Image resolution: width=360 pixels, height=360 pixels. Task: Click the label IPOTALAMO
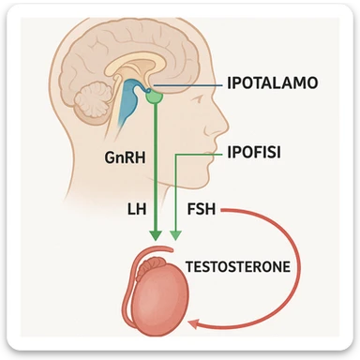273,82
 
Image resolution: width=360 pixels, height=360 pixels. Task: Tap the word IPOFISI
256,149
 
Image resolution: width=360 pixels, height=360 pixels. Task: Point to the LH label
136,209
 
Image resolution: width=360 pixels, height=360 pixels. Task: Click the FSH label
202,209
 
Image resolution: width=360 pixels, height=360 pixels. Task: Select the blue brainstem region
128,108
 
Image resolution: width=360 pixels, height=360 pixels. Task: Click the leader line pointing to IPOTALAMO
192,84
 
